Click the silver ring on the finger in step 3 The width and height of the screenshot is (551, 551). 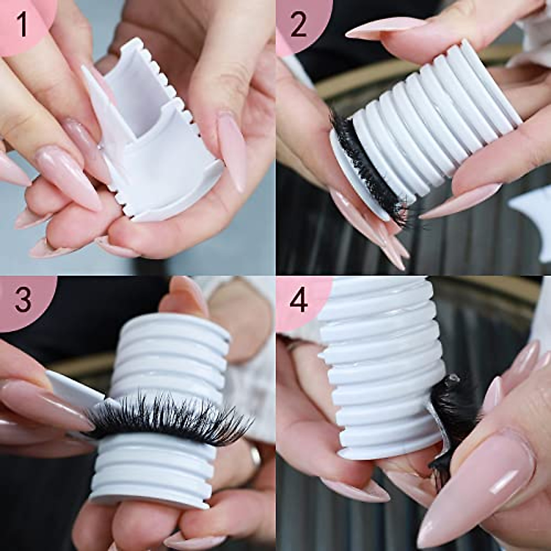pos(255,455)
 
